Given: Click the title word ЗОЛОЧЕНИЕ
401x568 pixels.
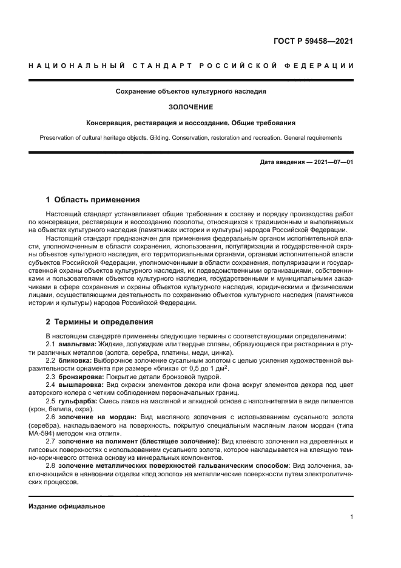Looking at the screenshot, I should [191, 107].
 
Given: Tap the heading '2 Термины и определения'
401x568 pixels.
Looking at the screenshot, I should [99, 321].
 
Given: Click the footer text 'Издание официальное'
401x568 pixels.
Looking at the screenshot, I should [67, 506].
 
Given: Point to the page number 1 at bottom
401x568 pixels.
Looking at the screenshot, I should [351, 518].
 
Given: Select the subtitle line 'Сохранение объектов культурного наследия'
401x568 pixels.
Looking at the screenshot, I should [191, 92].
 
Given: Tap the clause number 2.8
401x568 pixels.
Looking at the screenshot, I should [52, 465].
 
